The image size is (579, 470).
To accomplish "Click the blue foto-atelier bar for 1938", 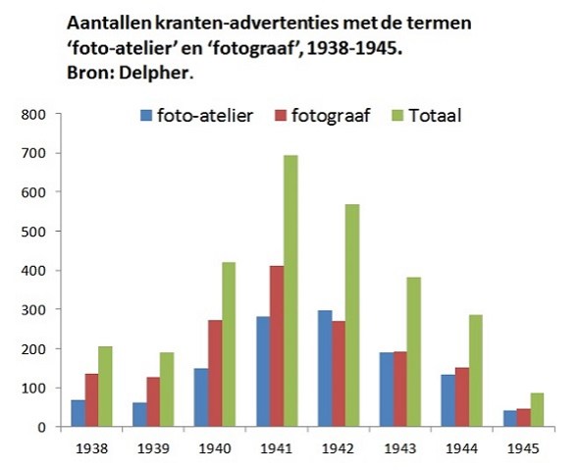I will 79,413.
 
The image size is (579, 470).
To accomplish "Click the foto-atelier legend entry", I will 196,116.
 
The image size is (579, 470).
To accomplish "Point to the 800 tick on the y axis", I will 35,114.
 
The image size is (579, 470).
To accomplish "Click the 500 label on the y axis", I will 35,232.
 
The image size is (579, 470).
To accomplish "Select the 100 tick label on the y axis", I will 35,389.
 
